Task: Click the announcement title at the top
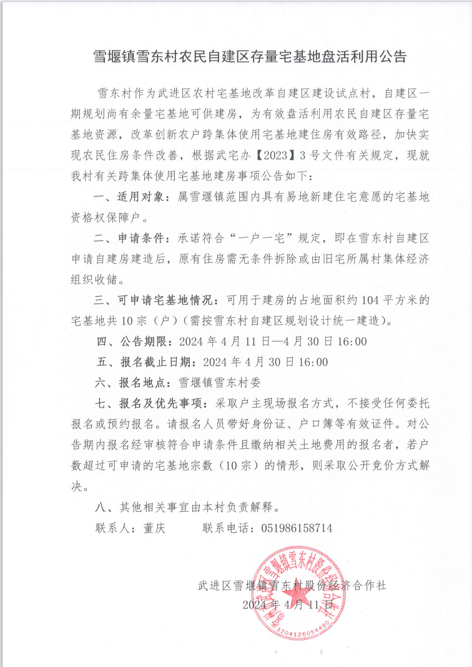(236, 57)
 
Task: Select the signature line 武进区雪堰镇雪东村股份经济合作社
(292, 585)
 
